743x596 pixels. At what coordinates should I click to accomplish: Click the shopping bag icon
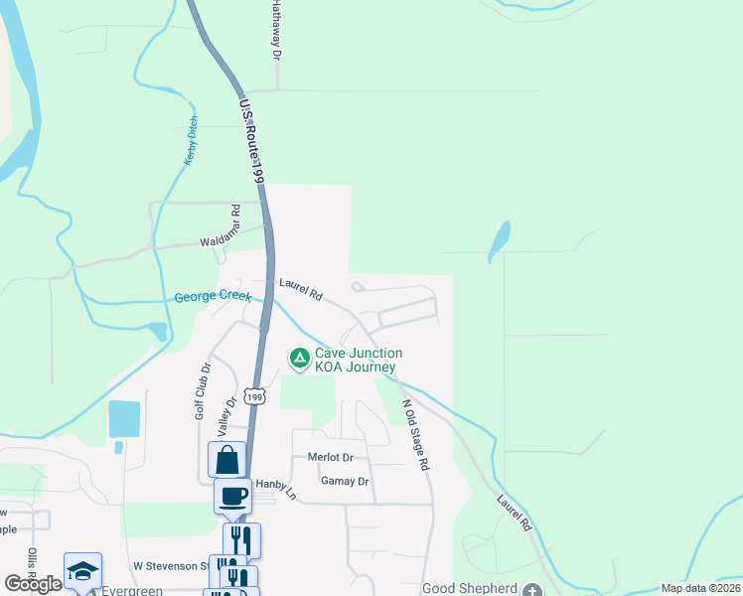point(227,460)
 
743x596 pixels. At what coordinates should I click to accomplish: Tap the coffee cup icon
point(233,495)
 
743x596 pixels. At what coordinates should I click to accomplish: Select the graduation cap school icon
point(83,570)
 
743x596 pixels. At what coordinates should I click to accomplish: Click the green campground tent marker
point(298,357)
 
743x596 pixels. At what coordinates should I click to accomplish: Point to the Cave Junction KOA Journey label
point(359,361)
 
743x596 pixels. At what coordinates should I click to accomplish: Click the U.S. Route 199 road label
point(250,139)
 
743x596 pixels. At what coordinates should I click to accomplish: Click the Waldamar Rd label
point(222,239)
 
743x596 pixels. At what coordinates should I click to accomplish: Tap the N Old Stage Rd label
point(415,434)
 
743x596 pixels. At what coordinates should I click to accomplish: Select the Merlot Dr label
point(331,457)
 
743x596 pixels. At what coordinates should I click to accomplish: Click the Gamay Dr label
point(345,482)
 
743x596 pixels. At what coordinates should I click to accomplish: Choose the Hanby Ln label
point(276,488)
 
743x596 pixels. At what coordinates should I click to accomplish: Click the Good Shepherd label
point(471,588)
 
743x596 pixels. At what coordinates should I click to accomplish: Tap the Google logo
point(34,584)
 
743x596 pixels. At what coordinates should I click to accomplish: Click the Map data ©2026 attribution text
point(699,588)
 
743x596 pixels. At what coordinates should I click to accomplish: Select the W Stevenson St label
point(171,565)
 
